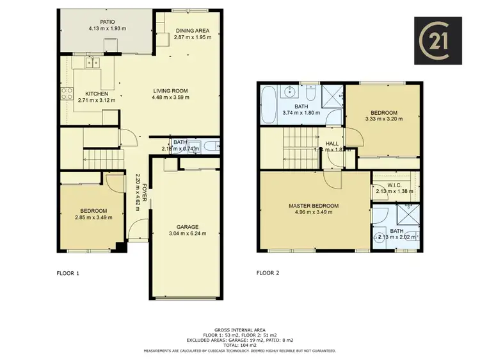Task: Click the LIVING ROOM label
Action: [x=170, y=90]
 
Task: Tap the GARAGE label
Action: [x=188, y=227]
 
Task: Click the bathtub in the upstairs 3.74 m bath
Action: [x=268, y=105]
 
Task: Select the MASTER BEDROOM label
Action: [x=314, y=206]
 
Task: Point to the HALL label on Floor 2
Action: [x=332, y=144]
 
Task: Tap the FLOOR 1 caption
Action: [x=68, y=273]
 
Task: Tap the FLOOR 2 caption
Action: [x=268, y=273]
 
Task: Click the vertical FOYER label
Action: [x=145, y=192]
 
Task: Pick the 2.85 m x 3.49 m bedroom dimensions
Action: [x=93, y=217]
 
